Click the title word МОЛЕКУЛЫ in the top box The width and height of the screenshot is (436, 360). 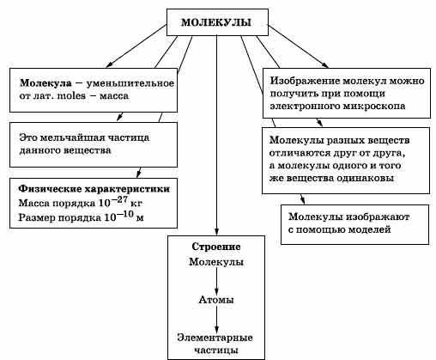pos(216,22)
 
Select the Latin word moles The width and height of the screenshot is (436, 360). pos(71,95)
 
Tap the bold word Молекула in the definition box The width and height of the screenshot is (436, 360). pos(45,83)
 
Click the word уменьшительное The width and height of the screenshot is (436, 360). pos(130,83)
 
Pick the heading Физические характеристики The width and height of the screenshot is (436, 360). pos(94,189)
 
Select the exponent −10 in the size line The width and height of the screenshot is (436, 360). pos(125,215)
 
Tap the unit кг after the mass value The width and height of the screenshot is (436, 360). pos(136,204)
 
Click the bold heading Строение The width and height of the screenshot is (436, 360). pos(216,247)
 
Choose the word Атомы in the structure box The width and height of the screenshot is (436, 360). pos(216,300)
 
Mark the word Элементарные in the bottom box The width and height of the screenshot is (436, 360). pos(215,338)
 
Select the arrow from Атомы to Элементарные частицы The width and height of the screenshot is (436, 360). pos(216,320)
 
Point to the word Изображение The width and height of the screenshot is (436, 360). pos(305,81)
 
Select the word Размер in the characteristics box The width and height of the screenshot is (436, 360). pos(37,217)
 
